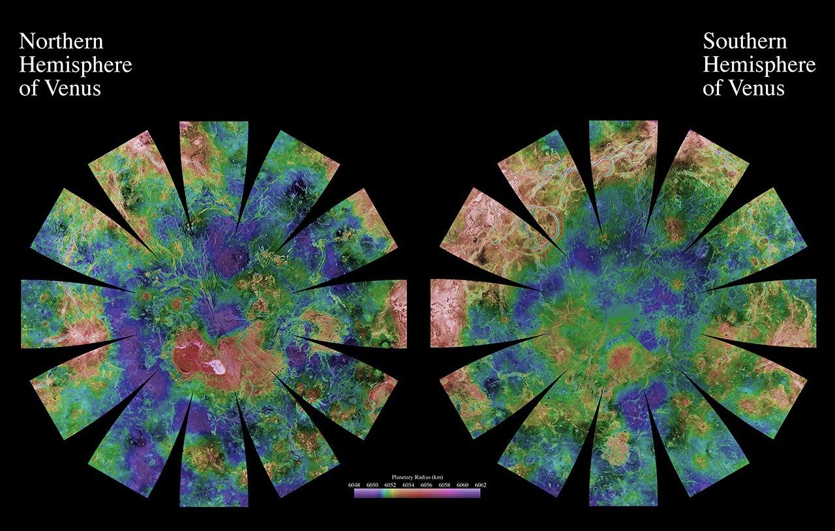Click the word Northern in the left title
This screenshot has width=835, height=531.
click(x=61, y=42)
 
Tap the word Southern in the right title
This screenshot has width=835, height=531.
click(x=745, y=42)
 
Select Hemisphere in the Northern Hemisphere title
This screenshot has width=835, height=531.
click(x=76, y=65)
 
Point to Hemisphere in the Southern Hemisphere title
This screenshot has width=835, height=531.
click(x=759, y=65)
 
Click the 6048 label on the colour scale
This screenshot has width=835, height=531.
click(x=355, y=485)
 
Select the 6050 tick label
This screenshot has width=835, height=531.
click(x=372, y=485)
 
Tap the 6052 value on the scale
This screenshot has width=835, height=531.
click(x=390, y=485)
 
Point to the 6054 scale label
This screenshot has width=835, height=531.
click(x=408, y=485)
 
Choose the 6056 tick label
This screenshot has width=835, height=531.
click(x=426, y=485)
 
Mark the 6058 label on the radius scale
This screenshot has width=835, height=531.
click(x=444, y=485)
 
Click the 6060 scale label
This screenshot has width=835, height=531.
click(x=462, y=485)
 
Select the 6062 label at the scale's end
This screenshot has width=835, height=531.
click(x=479, y=485)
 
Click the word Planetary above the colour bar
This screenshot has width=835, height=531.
click(x=404, y=477)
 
